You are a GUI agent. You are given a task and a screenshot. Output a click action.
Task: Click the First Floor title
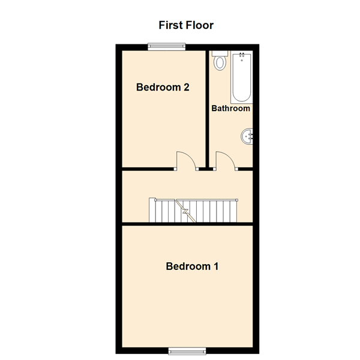click(186, 25)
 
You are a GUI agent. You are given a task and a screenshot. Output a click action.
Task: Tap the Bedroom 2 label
click(163, 87)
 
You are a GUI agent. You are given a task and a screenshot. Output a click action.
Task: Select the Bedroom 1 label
click(192, 266)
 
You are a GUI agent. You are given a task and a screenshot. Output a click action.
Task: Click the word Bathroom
click(231, 109)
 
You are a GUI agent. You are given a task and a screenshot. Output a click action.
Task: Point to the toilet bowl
click(220, 63)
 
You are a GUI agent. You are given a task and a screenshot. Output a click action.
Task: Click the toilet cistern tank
click(220, 53)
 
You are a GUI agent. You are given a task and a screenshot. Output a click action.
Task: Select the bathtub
click(242, 77)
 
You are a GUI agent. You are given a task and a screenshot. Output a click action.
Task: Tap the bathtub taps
click(242, 55)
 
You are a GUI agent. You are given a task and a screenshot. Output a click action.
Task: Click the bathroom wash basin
click(247, 136)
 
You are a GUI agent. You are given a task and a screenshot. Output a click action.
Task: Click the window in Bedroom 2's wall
click(167, 47)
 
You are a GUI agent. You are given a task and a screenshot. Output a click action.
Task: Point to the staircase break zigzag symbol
click(186, 211)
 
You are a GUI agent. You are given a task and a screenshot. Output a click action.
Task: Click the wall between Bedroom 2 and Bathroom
click(207, 109)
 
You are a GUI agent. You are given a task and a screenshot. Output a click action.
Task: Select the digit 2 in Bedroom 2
click(187, 87)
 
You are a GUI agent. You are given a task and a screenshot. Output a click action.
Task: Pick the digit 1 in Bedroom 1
click(216, 266)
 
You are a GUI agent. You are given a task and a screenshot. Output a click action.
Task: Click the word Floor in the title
click(200, 25)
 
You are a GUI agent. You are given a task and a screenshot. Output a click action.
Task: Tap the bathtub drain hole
click(242, 61)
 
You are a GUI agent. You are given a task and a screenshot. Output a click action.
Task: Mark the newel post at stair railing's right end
click(237, 200)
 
